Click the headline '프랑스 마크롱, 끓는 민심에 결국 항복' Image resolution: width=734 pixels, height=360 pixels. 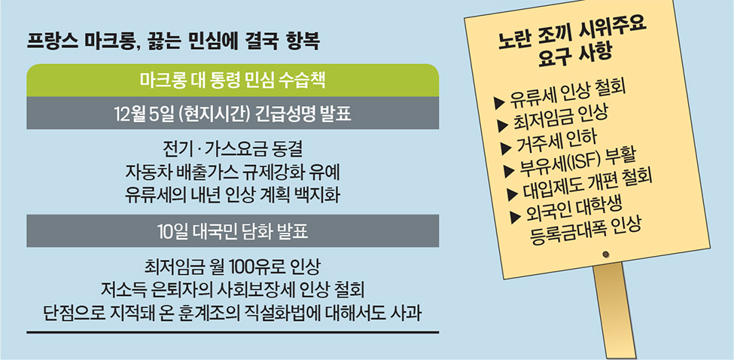click(x=173, y=42)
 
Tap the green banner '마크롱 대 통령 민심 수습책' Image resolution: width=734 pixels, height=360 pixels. click(x=233, y=80)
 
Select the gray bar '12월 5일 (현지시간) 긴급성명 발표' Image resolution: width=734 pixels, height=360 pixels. click(x=233, y=113)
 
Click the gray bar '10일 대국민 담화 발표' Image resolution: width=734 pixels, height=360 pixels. click(x=233, y=230)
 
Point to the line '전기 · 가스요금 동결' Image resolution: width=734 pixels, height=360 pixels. click(x=233, y=150)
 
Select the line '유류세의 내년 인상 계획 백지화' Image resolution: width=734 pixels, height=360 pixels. click(x=233, y=195)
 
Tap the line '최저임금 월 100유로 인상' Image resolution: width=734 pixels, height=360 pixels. click(x=233, y=268)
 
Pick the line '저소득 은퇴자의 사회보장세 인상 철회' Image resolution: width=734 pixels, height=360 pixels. click(x=233, y=290)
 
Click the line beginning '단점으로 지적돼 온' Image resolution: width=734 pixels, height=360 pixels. click(x=233, y=313)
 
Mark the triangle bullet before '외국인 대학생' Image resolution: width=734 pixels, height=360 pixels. click(x=516, y=217)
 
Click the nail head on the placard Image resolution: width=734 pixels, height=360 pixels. click(x=606, y=255)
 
